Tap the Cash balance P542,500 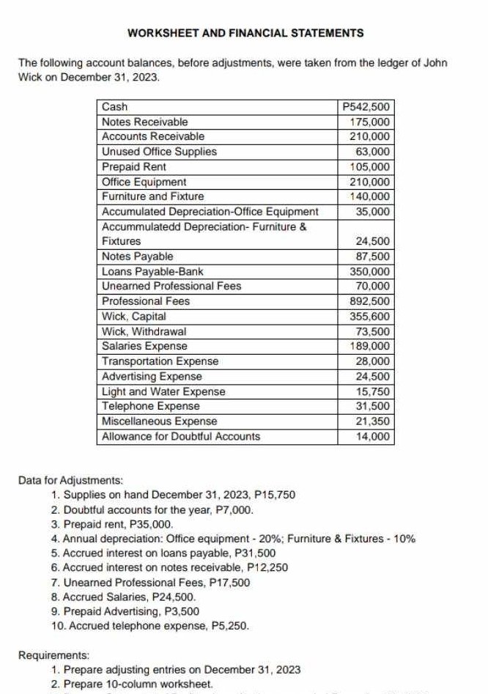click(368, 107)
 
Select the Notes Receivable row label click(145, 122)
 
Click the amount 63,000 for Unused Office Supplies click(373, 152)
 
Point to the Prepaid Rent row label click(134, 167)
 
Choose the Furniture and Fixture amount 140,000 click(371, 196)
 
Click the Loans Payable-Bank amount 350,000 click(371, 271)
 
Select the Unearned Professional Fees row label click(171, 286)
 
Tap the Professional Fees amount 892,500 click(371, 301)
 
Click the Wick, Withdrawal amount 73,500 click(373, 331)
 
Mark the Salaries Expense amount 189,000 click(371, 346)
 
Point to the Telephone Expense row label click(151, 406)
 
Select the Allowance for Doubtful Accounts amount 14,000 click(373, 436)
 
